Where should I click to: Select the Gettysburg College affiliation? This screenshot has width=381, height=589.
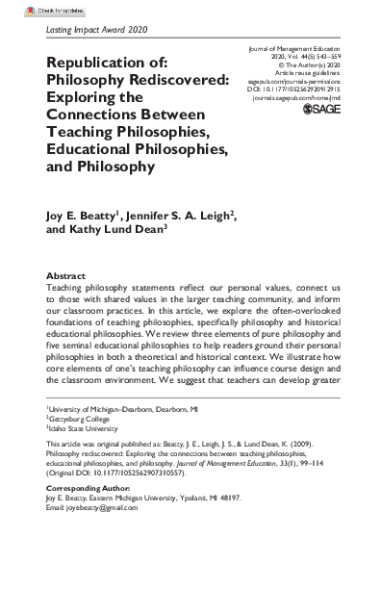click(83, 474)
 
